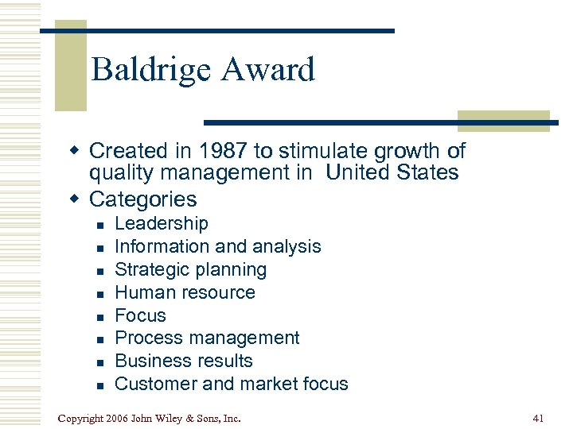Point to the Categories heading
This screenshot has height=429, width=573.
143,199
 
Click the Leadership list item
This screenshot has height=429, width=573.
162,224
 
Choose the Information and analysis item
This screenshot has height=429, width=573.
218,247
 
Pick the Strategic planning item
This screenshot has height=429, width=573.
191,269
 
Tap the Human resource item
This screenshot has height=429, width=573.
185,292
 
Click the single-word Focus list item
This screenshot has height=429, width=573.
141,315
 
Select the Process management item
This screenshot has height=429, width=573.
207,338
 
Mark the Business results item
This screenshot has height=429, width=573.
184,361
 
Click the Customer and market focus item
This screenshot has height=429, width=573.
232,384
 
